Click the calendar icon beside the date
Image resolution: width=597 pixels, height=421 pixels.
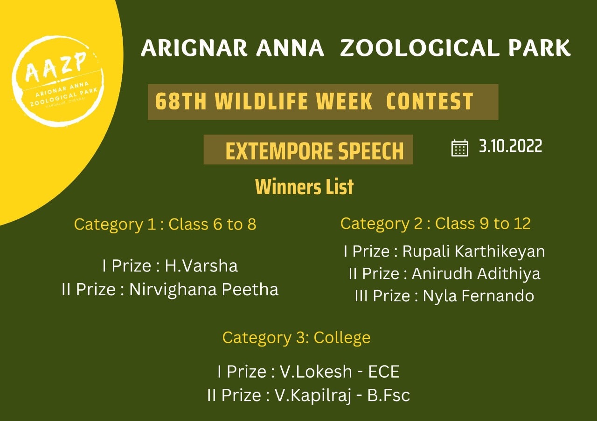[x=460, y=148]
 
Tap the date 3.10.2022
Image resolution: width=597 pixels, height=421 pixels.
[x=510, y=146]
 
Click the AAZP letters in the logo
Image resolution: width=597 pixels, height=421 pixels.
[x=56, y=68]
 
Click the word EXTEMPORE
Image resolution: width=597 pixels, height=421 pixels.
[x=278, y=151]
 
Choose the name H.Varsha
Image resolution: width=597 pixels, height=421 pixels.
[x=201, y=265]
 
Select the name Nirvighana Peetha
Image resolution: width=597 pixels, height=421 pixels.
[x=204, y=289]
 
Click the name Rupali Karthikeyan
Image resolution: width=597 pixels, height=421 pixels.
[x=473, y=251]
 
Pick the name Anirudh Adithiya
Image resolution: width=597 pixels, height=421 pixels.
[x=476, y=273]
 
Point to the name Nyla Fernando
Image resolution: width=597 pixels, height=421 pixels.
[x=479, y=296]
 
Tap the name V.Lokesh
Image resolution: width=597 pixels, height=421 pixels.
[x=316, y=371]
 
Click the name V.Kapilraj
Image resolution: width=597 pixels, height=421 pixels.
[x=313, y=395]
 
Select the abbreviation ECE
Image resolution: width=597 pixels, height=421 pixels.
[x=384, y=371]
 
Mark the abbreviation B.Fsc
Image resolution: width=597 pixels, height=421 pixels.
[x=389, y=395]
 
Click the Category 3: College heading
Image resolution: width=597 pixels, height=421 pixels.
[x=296, y=338]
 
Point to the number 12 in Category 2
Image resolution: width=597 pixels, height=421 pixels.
[x=522, y=224]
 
